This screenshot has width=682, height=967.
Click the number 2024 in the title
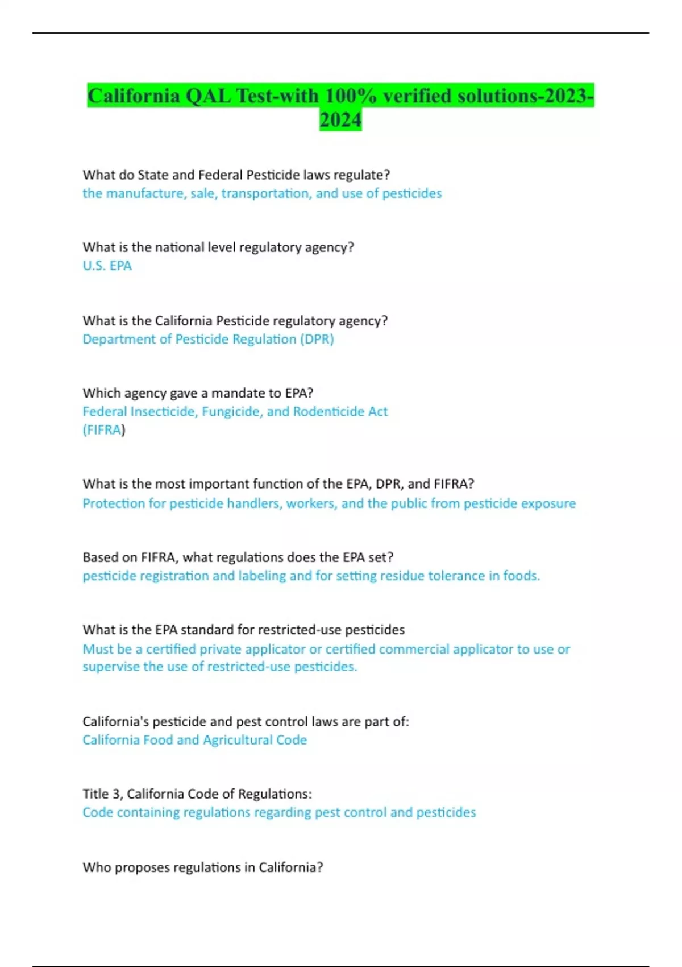pos(340,120)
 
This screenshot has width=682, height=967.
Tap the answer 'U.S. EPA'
pos(107,266)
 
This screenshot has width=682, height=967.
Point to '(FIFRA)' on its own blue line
pos(103,429)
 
